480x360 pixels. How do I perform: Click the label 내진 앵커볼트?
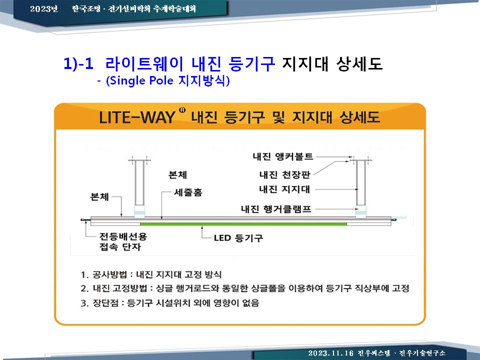click(x=283, y=156)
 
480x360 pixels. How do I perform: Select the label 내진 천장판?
click(x=284, y=174)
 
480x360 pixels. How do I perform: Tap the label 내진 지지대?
click(x=284, y=189)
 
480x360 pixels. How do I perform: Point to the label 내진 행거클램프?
click(x=276, y=209)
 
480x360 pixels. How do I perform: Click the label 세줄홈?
click(x=188, y=192)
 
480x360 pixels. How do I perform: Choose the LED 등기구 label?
click(x=238, y=238)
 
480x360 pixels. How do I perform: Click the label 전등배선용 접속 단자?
click(x=123, y=241)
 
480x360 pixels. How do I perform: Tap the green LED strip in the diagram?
click(x=243, y=224)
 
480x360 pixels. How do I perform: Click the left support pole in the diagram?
click(x=139, y=183)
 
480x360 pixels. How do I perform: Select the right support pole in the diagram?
click(x=361, y=183)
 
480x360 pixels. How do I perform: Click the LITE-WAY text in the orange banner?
click(x=137, y=117)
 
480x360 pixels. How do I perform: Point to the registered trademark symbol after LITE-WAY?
click(x=182, y=110)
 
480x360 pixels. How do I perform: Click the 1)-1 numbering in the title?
click(x=78, y=63)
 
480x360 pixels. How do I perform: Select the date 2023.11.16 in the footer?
click(x=330, y=353)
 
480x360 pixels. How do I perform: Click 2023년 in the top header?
click(x=44, y=8)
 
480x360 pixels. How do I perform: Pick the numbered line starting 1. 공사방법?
click(x=151, y=274)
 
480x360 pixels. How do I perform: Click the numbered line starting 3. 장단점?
click(x=170, y=303)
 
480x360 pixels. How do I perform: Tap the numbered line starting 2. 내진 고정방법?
click(x=245, y=288)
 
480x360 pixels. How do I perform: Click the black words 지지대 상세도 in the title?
click(x=332, y=63)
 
